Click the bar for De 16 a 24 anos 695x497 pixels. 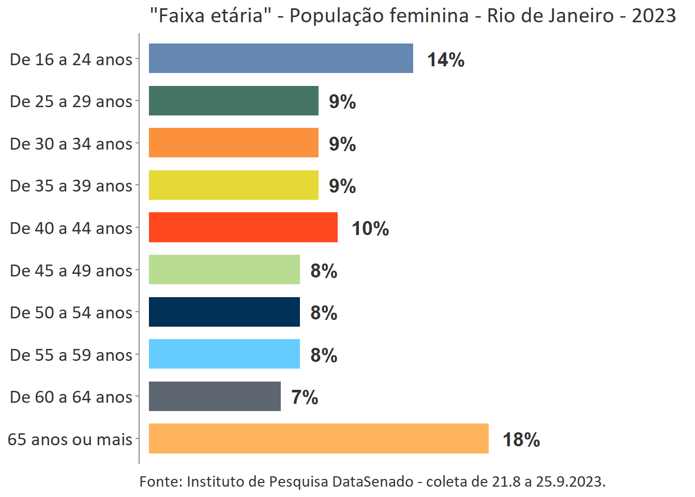point(281,59)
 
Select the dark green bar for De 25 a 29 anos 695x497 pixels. point(233,101)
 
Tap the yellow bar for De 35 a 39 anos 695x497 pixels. point(233,185)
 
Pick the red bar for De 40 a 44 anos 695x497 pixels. point(243,227)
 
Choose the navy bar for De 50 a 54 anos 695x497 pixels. point(224,312)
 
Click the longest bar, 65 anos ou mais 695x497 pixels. point(319,438)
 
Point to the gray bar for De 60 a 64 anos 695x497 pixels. point(215,397)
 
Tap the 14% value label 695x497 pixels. point(446,60)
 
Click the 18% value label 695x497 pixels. point(521,440)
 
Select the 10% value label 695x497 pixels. point(370,229)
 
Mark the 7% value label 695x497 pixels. point(305,398)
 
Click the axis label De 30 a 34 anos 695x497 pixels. point(71,144)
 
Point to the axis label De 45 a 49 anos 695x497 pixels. point(71,271)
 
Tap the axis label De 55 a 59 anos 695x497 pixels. point(71,355)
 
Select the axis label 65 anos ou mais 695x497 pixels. point(70,440)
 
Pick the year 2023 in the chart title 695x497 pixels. point(654,16)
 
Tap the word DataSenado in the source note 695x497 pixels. point(373,482)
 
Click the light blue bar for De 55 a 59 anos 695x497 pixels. point(224,354)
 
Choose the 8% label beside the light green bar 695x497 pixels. point(324,271)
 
